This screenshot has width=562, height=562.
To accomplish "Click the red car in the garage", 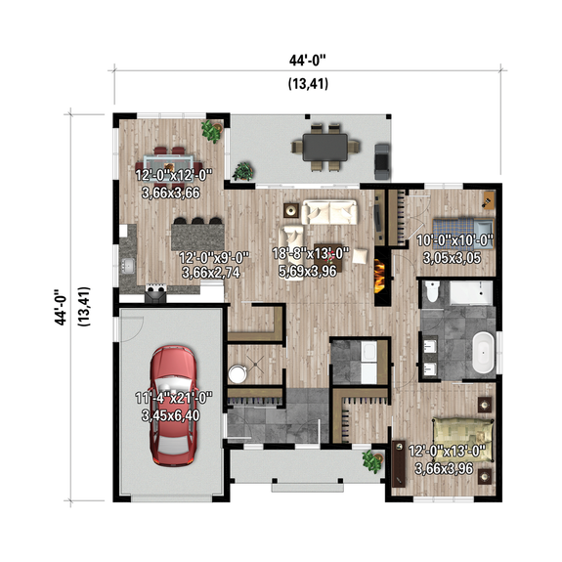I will (173, 403).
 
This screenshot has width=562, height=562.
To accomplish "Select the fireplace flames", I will (378, 271).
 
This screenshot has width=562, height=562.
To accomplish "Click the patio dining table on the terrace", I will (324, 148).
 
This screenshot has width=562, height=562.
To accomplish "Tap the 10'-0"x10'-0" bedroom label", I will (455, 240).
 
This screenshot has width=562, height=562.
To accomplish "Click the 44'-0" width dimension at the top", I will (308, 61).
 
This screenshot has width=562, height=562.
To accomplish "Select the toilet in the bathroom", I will (428, 290).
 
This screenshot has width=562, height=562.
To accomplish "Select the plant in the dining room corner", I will (210, 130).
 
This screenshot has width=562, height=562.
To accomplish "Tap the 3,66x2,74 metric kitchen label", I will (211, 272).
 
